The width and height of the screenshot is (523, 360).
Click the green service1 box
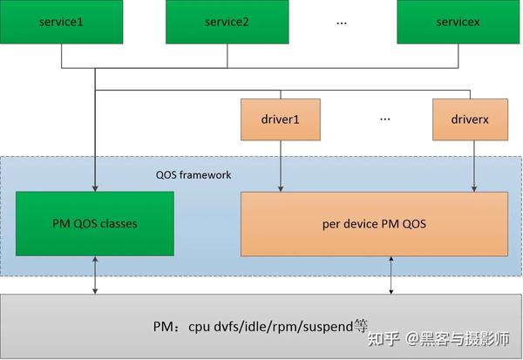pos(62,22)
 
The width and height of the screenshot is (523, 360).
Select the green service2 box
pos(229,22)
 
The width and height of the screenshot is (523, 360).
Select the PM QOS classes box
pos(95,223)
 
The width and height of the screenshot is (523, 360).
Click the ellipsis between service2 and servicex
pos(342,22)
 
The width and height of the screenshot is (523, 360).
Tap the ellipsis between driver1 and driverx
pos(385,118)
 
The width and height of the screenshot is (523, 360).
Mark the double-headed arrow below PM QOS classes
pos(95,275)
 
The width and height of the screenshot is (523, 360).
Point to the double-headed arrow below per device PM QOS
pos(391,275)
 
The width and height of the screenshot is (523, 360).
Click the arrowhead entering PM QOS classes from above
pos(95,187)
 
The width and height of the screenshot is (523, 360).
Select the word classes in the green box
pos(119,223)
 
